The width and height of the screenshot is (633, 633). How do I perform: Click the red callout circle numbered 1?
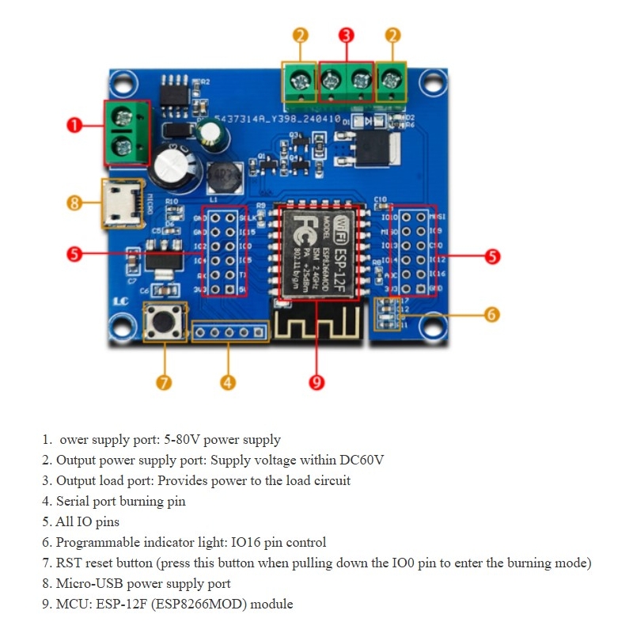(74, 125)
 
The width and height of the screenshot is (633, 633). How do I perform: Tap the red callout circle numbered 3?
(346, 35)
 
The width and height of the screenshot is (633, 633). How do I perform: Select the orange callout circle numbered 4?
(228, 382)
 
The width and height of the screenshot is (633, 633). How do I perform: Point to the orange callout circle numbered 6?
(491, 314)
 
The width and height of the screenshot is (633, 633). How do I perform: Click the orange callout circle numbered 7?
(164, 382)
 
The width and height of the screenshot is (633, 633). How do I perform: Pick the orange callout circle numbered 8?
(74, 203)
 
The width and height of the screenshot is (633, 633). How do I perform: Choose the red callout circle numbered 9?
(316, 382)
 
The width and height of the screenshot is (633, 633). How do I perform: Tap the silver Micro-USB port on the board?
(120, 203)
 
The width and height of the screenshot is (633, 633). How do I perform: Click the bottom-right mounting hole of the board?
(432, 324)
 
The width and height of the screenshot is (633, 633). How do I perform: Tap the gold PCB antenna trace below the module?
(317, 322)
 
